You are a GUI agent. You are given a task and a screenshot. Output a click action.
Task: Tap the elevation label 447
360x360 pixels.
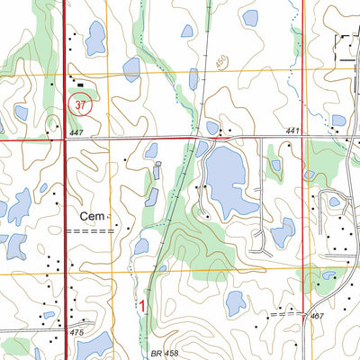tap(78, 133)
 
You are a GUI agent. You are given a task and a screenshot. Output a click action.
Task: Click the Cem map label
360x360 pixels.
tap(94, 216)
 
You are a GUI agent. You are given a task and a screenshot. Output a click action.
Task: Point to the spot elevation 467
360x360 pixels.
tap(316, 317)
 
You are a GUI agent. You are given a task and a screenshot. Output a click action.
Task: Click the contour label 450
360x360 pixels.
tap(221, 63)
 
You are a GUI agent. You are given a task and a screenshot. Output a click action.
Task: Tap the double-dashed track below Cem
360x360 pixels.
tap(95, 231)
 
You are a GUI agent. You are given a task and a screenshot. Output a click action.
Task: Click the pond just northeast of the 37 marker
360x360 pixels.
tap(131, 69)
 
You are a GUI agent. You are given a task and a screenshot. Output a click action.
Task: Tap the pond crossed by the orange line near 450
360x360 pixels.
tap(193, 78)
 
